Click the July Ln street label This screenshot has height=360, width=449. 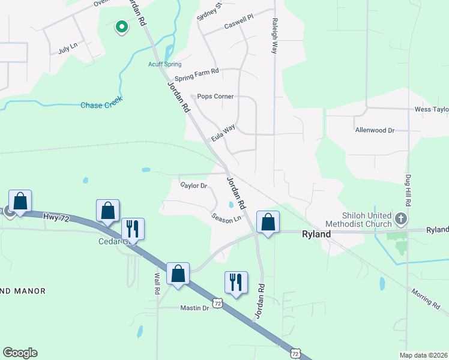[x=68, y=47]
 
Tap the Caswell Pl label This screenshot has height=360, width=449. [x=239, y=23]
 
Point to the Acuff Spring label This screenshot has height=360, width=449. [x=164, y=64]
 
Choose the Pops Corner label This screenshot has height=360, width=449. [x=215, y=96]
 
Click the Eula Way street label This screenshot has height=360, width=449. [x=223, y=133]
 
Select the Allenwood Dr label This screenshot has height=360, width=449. [x=375, y=130]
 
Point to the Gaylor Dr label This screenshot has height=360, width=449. [x=193, y=185]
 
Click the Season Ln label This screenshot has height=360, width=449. [x=226, y=217]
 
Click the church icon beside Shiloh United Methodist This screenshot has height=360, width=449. [x=402, y=219]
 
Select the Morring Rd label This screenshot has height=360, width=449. [x=427, y=299]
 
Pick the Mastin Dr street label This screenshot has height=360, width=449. [x=194, y=308]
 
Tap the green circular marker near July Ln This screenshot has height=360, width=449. [x=121, y=27]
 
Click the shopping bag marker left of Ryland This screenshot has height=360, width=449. [x=268, y=221]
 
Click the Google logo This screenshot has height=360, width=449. [x=20, y=353]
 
